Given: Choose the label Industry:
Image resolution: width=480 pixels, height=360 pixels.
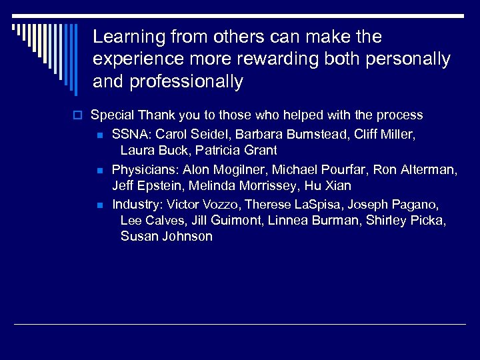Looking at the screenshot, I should click(137, 204).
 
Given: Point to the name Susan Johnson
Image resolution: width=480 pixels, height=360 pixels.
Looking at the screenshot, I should click(167, 237).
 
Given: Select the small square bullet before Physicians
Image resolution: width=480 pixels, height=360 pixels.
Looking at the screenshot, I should click(99, 171).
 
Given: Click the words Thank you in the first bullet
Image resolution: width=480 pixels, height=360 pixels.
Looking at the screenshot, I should click(161, 115).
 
